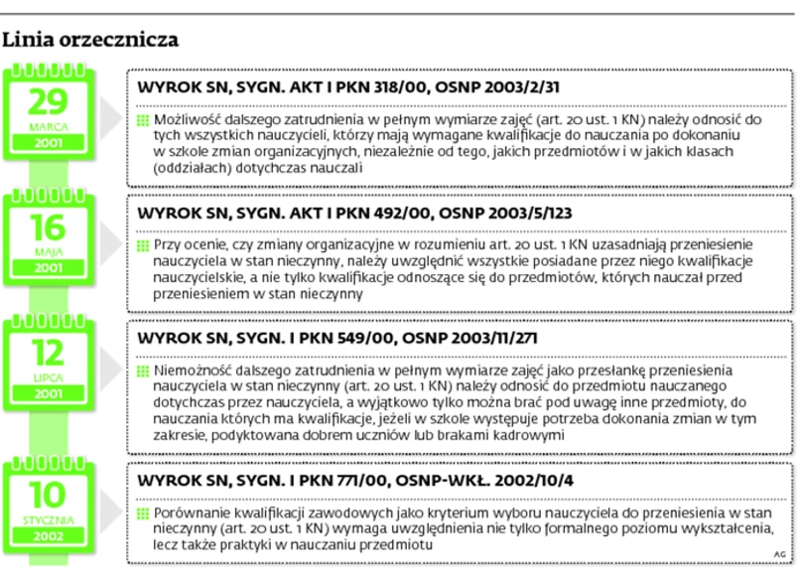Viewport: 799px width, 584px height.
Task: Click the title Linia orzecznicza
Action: (90, 41)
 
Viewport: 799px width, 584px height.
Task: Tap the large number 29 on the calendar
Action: (48, 102)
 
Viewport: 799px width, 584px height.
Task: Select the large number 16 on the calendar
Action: (48, 227)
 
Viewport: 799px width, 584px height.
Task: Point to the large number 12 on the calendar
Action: (48, 354)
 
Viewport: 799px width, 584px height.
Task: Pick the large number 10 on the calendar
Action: (48, 495)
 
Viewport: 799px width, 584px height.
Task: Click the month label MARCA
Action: (48, 128)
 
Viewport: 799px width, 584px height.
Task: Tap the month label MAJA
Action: (48, 252)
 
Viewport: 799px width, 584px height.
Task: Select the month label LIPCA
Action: (48, 378)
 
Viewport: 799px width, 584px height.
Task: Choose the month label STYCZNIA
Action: (48, 519)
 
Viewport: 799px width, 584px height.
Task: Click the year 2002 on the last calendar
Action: (48, 536)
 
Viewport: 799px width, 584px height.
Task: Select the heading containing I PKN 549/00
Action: (337, 339)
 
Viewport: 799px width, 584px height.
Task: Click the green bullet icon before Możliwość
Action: (143, 120)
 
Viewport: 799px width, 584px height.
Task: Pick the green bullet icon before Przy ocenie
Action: (143, 245)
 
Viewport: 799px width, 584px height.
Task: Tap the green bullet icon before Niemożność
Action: (143, 371)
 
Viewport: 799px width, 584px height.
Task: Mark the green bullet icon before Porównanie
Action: (143, 513)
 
